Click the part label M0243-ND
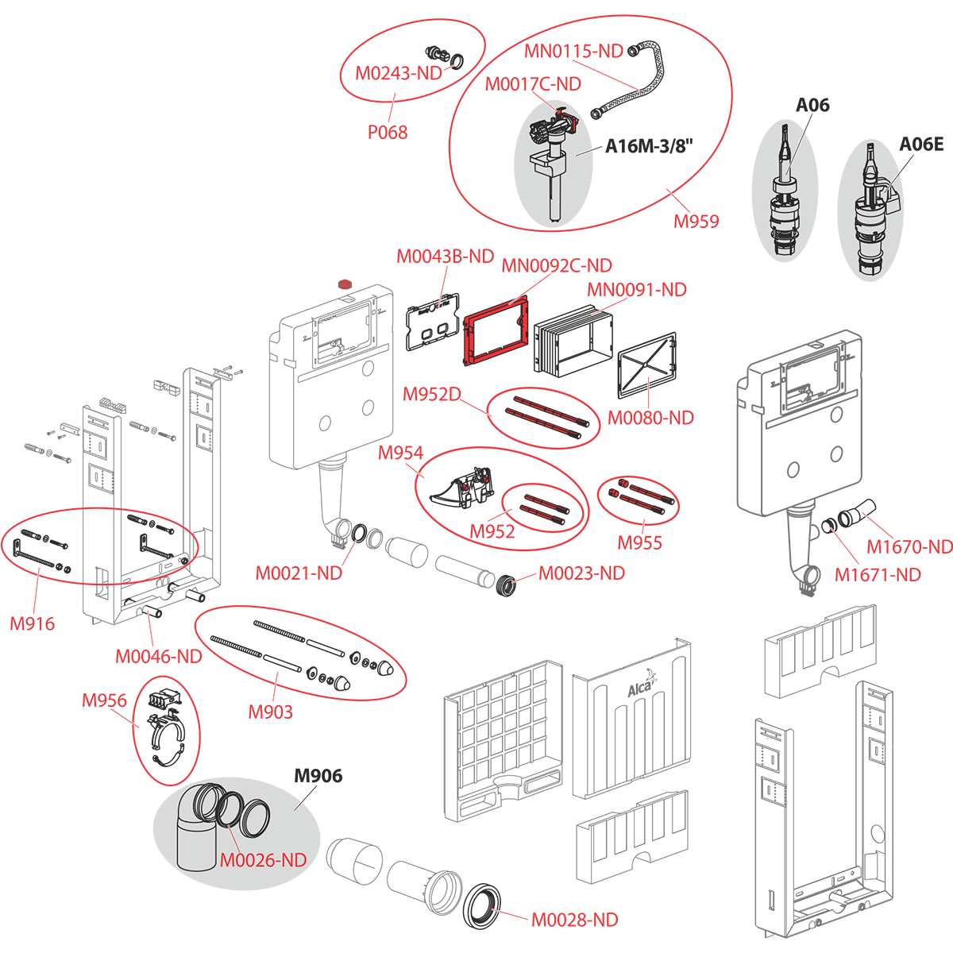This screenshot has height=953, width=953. click(x=397, y=74)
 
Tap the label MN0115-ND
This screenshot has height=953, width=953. click(x=573, y=52)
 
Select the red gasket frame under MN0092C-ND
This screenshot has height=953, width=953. click(x=496, y=334)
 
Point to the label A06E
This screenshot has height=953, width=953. click(x=920, y=144)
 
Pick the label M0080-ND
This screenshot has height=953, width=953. click(x=650, y=418)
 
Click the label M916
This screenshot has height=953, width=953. click(x=33, y=623)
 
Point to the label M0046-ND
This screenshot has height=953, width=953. click(x=159, y=657)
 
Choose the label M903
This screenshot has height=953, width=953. click(x=270, y=712)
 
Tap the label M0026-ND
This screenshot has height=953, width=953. click(x=263, y=860)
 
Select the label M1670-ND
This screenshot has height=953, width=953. click(x=909, y=547)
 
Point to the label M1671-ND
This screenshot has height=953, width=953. click(x=878, y=574)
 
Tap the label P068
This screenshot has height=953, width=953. click(x=388, y=133)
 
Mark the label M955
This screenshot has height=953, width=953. click(x=639, y=543)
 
